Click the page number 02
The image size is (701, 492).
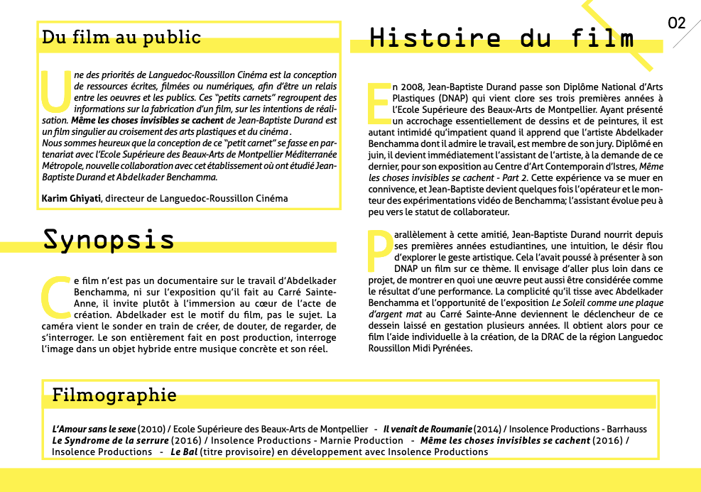click(677, 23)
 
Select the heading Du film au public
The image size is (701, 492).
click(121, 37)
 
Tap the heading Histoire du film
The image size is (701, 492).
click(501, 38)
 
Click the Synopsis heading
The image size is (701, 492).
click(109, 239)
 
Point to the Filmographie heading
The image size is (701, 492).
click(114, 395)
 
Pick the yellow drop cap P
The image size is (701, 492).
click(380, 251)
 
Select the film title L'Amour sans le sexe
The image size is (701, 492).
click(94, 430)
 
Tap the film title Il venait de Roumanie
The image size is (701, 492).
click(428, 430)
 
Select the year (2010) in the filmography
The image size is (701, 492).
click(151, 430)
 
